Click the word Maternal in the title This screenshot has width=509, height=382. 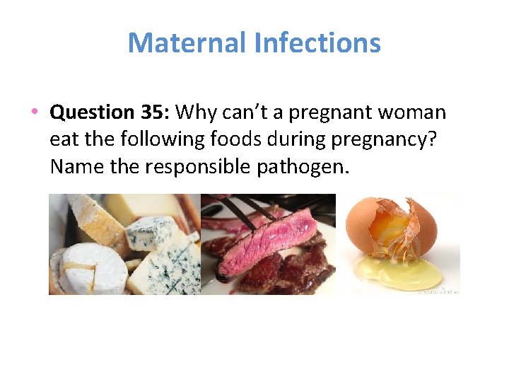[186, 43]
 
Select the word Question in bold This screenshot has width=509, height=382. [92, 112]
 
